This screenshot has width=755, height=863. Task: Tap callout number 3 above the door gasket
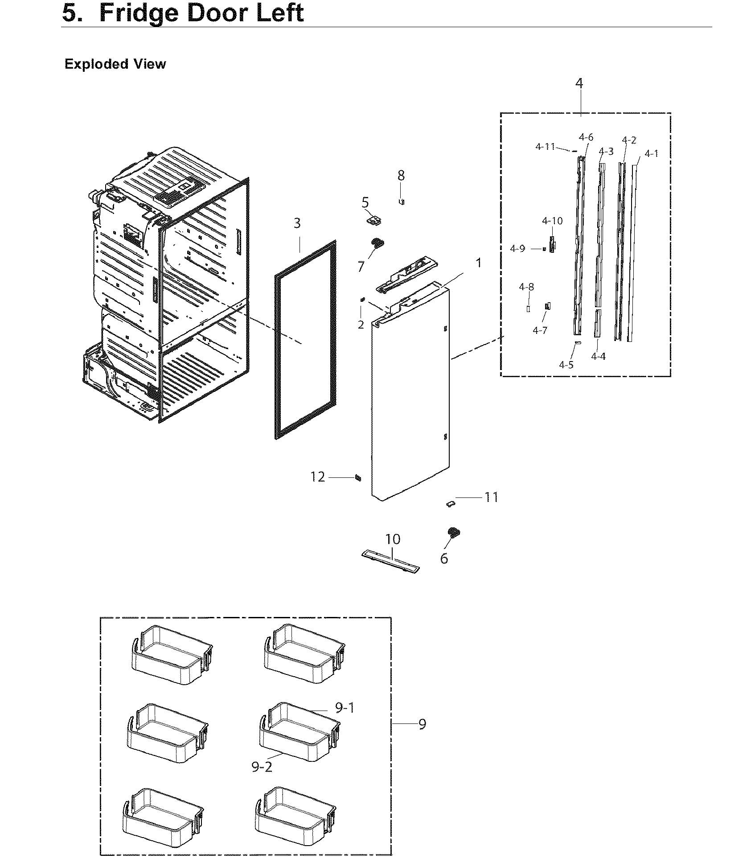(297, 223)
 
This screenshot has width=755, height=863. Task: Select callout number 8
(401, 176)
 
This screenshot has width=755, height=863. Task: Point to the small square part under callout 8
(401, 201)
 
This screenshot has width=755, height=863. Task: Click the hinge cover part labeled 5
(374, 220)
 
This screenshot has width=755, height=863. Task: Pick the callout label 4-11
(545, 146)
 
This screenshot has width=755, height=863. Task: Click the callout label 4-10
(552, 221)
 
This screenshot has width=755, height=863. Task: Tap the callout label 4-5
(566, 365)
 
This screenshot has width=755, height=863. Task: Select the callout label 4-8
(526, 287)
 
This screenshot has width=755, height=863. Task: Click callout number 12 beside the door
(318, 477)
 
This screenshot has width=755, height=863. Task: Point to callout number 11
(491, 497)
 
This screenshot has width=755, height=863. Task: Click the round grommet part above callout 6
(454, 532)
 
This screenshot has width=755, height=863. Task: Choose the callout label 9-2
(262, 767)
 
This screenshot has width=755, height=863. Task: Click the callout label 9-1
(345, 707)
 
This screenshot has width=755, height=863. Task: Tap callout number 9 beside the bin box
(422, 724)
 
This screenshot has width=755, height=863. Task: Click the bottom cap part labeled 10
(390, 560)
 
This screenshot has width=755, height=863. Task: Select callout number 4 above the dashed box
(579, 83)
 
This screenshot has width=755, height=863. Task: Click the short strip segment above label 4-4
(597, 323)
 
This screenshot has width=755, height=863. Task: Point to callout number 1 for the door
(478, 263)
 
